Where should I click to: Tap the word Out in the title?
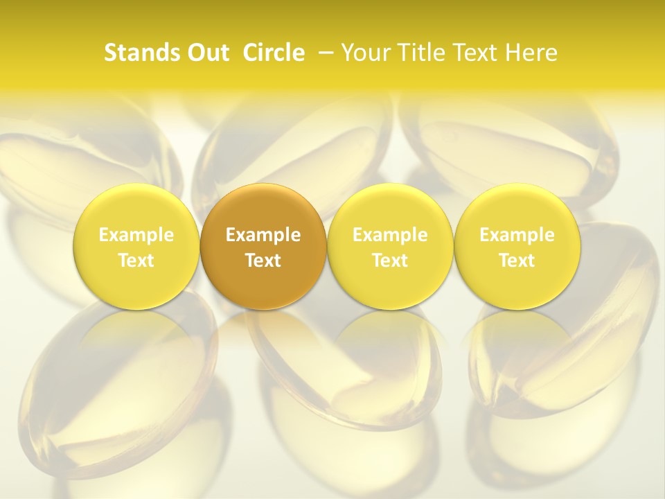click(x=206, y=53)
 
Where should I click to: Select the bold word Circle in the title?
click(x=274, y=53)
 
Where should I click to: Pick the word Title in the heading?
click(x=423, y=53)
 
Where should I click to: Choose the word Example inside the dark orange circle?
click(x=263, y=235)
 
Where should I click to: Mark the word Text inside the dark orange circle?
click(x=263, y=261)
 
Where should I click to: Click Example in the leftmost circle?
click(x=136, y=235)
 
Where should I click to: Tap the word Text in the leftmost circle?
click(x=136, y=261)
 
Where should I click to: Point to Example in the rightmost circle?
click(x=517, y=235)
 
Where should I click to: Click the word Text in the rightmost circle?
click(x=517, y=261)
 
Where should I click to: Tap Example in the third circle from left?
click(x=390, y=235)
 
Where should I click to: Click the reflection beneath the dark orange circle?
click(x=263, y=340)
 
